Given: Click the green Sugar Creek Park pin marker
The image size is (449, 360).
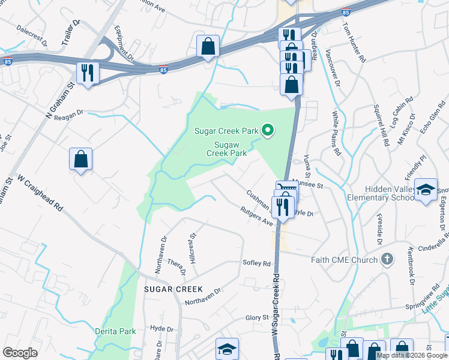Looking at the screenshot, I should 268,130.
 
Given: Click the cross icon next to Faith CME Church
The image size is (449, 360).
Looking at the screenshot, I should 387,259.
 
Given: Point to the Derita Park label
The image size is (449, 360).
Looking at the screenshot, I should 115,331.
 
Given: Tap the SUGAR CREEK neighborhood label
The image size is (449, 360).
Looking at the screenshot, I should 173,289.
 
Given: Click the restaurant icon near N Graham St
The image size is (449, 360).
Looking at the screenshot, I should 88,73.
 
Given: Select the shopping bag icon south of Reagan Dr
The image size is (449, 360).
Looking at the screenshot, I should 80,160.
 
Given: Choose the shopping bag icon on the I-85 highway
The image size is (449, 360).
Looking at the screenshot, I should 208,46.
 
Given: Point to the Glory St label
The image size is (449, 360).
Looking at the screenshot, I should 257,317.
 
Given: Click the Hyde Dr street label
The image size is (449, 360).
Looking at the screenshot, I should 161,329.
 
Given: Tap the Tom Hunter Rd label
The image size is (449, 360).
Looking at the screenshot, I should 354,43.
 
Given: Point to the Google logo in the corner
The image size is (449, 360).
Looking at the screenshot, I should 20,353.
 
